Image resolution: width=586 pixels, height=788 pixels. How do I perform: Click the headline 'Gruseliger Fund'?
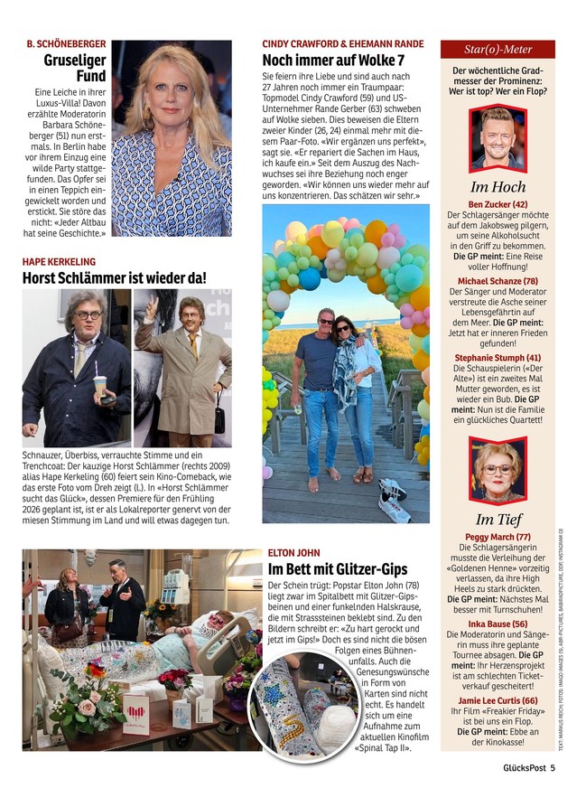(x=75, y=69)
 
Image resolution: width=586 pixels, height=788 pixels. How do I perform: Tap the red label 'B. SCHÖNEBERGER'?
(x=66, y=43)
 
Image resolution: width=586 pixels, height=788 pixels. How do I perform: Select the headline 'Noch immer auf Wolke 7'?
(x=332, y=60)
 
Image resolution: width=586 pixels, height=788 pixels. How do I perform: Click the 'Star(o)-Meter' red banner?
(x=498, y=50)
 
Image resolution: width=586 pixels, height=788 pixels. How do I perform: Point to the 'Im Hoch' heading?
(x=498, y=187)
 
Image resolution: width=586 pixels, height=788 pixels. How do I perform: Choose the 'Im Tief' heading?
(x=498, y=519)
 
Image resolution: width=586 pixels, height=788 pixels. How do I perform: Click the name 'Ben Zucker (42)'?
(x=498, y=204)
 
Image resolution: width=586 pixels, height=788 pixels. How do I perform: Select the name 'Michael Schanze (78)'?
(x=498, y=281)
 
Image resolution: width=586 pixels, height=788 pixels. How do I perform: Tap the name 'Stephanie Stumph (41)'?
(x=498, y=358)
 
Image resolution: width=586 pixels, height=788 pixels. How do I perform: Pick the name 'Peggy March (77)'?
(x=498, y=537)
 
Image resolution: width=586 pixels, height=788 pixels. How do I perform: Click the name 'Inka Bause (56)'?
(x=498, y=624)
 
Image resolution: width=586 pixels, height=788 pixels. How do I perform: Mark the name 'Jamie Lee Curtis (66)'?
(x=498, y=700)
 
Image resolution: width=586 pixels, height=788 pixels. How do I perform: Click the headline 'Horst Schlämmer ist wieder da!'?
(x=114, y=278)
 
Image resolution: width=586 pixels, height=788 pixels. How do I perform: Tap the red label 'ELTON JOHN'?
(x=293, y=552)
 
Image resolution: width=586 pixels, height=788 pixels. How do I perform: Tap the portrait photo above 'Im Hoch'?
(x=498, y=137)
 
